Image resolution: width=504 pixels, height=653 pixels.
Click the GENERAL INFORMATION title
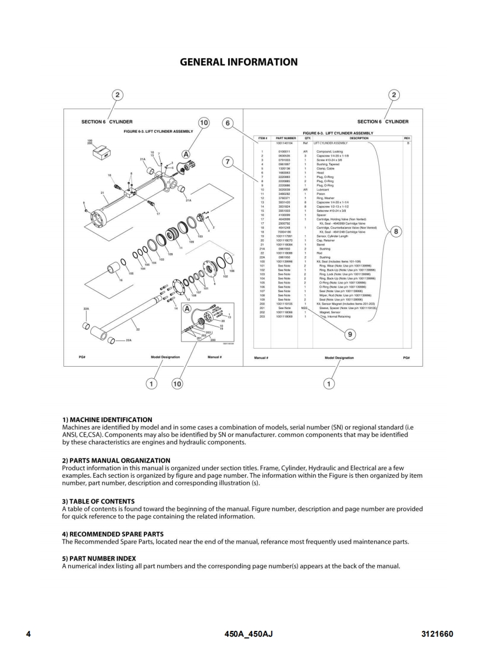[239, 62]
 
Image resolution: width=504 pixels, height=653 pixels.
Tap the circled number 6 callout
[228, 123]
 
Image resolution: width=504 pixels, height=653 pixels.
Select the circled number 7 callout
[228, 162]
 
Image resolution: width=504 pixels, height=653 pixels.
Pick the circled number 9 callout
[349, 334]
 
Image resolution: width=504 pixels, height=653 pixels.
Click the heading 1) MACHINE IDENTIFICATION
[107, 420]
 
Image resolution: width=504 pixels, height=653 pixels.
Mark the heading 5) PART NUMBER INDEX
[98, 558]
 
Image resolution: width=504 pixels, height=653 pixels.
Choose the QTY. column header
[306, 138]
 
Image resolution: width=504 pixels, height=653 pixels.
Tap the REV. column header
[407, 138]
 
